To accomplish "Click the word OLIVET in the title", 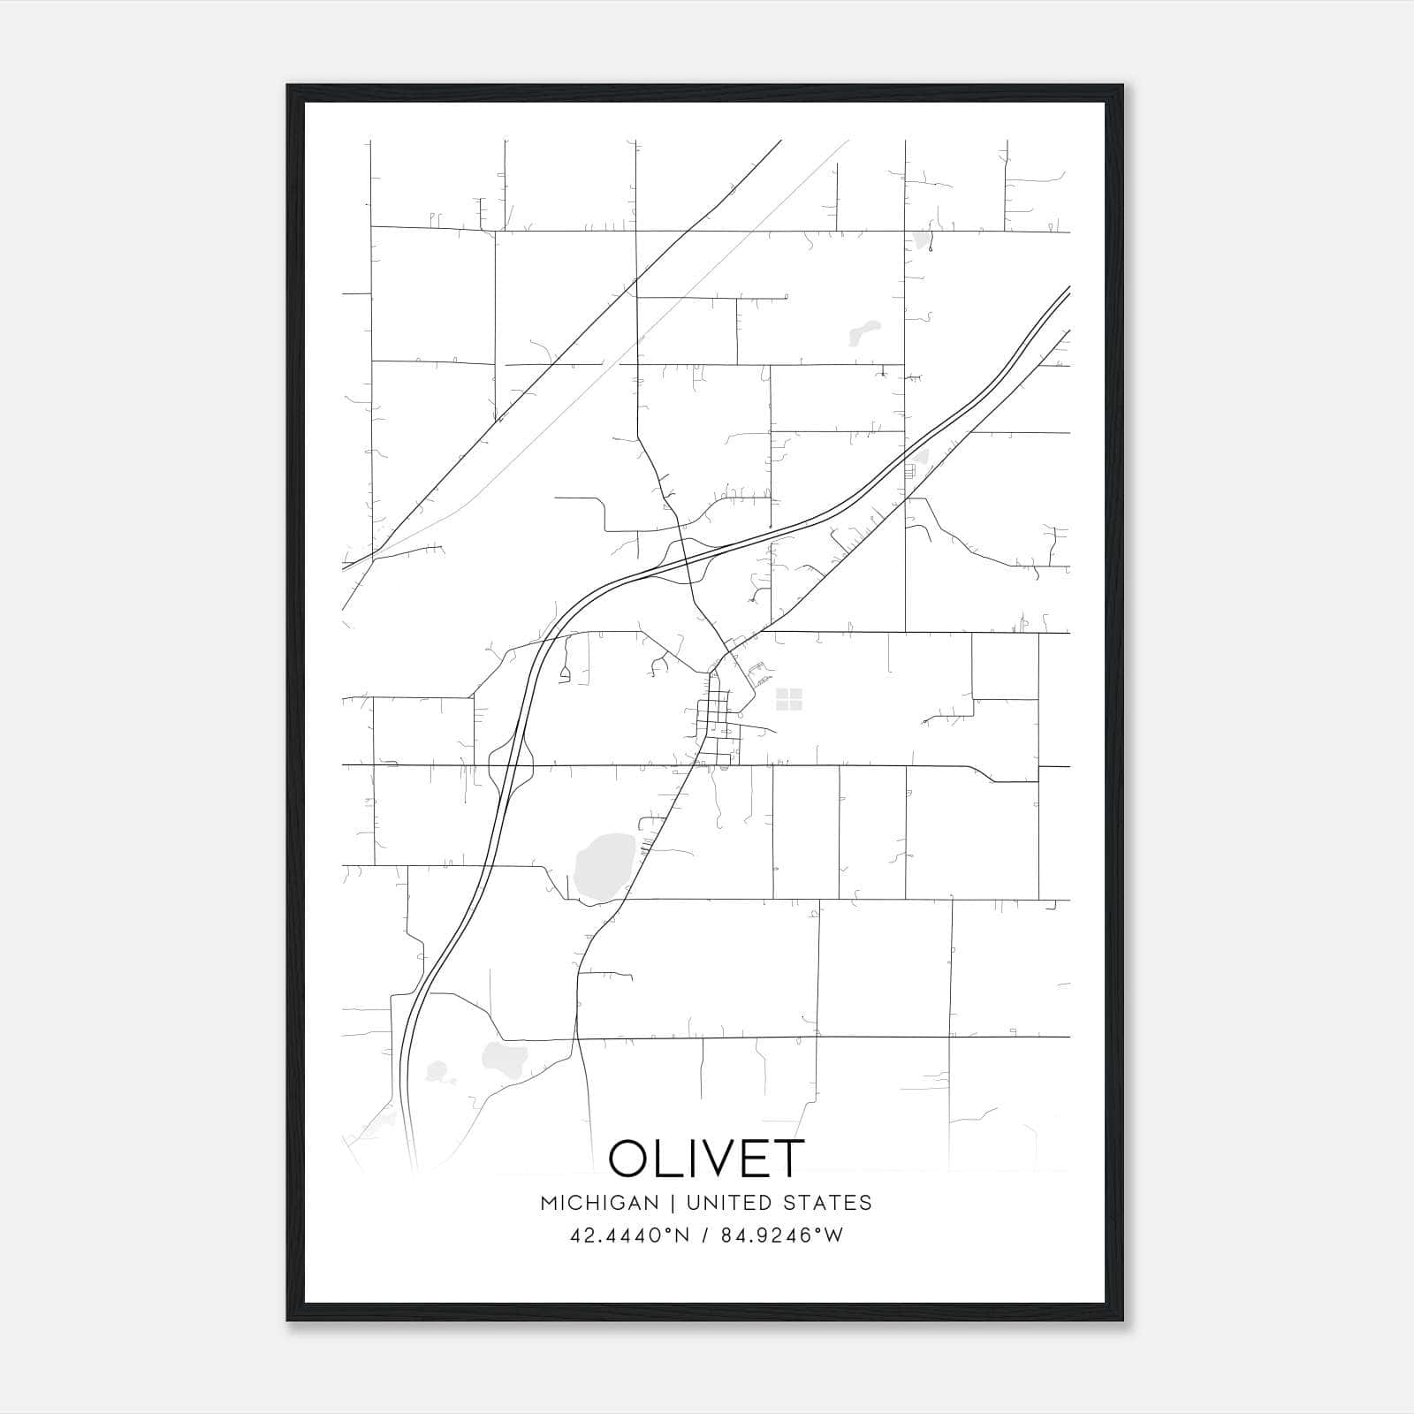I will pos(706,1158).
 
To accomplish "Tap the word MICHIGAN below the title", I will pos(599,1203).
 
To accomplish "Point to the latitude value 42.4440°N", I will pos(628,1235).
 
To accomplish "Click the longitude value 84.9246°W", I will pos(782,1235).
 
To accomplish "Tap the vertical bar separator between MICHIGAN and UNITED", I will pos(673,1203).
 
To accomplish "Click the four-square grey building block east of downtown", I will pos(788,699).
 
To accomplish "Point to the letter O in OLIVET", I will pos(629,1158).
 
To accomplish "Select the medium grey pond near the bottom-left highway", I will pos(505,1055).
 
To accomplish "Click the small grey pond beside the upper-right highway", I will pos(922,458).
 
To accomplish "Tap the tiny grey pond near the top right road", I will pos(923,239).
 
